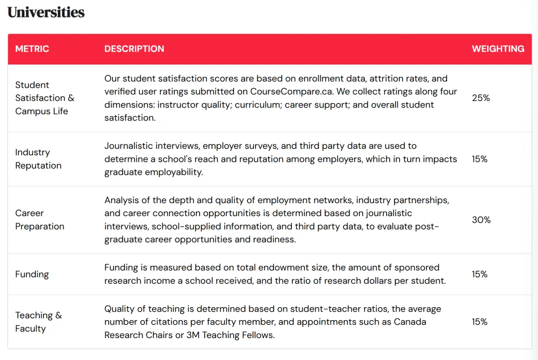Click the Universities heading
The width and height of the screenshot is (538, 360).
tap(46, 12)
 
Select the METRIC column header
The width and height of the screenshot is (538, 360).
tap(32, 49)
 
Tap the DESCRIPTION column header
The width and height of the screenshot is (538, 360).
tap(134, 49)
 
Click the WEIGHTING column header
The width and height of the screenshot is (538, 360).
tap(498, 49)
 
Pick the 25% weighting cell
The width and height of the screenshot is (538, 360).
tap(481, 98)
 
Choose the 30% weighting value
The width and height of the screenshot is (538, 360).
tap(481, 220)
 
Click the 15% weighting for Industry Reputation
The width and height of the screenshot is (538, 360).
tap(480, 159)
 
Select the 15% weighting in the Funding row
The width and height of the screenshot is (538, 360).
tap(480, 274)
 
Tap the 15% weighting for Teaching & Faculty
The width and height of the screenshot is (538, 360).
tap(480, 322)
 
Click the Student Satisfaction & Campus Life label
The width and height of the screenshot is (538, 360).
tap(44, 98)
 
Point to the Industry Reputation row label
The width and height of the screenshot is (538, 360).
tap(38, 159)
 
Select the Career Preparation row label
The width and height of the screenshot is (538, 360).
tap(39, 220)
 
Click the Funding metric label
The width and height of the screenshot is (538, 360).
tap(32, 274)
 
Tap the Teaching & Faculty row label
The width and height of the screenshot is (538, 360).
tap(38, 322)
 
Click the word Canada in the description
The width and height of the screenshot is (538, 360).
tap(410, 322)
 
